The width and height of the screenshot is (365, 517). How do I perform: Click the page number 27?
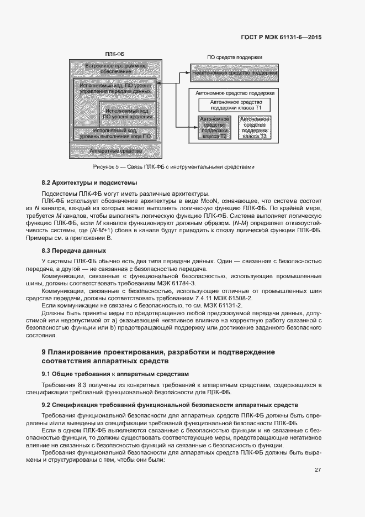318,471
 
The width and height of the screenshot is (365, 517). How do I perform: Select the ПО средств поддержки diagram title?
234,57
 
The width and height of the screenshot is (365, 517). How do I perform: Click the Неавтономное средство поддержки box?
235,73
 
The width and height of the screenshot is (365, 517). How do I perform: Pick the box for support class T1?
235,105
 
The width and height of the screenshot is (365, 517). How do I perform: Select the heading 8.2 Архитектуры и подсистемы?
89,182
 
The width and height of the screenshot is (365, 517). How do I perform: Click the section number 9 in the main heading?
44,352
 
